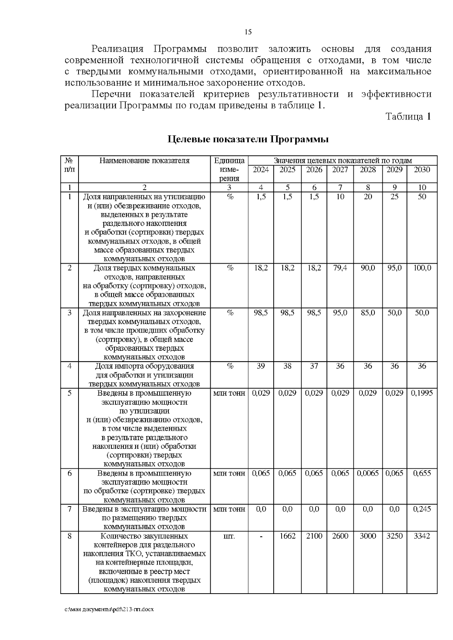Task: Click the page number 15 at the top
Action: [248, 32]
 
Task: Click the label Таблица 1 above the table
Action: [408, 117]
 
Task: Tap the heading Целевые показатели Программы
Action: [248, 140]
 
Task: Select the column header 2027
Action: [340, 170]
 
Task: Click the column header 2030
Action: [422, 170]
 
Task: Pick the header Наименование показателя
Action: [144, 161]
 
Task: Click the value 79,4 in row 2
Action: [340, 268]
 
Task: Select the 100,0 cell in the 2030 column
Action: [422, 268]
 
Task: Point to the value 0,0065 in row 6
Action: [368, 473]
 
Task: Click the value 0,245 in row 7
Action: [422, 509]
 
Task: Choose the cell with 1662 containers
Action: [287, 536]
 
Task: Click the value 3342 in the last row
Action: [422, 536]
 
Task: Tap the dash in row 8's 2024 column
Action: [261, 536]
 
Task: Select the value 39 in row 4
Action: [261, 366]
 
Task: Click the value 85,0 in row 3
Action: [368, 313]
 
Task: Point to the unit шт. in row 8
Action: [229, 536]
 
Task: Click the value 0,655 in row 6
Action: [422, 473]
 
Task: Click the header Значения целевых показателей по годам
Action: [342, 160]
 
